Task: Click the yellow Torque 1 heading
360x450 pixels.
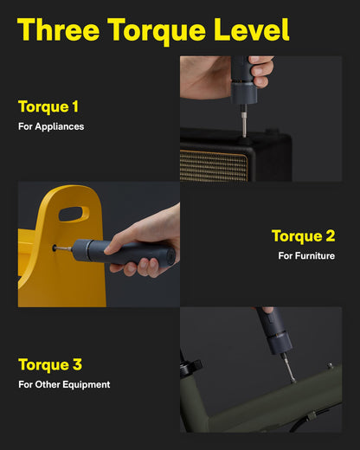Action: [x=48, y=107]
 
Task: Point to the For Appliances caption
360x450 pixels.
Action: [x=51, y=126]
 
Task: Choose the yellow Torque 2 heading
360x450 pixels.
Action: [x=303, y=236]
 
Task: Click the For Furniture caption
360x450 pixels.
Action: [x=305, y=255]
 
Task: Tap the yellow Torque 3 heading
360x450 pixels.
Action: [x=50, y=364]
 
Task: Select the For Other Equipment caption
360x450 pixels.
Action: [x=64, y=384]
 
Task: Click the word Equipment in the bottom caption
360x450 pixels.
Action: [x=86, y=384]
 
